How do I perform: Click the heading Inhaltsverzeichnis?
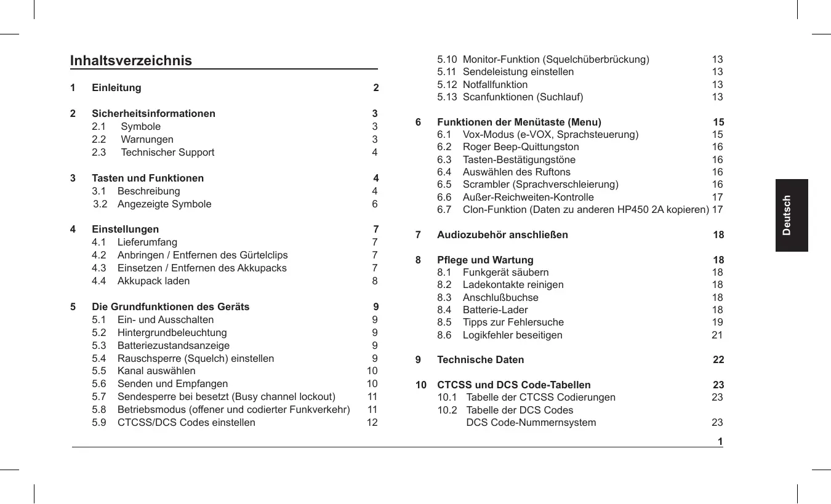point(130,60)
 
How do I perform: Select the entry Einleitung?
point(116,88)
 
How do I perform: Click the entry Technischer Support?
point(167,153)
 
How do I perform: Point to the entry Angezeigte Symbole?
point(164,204)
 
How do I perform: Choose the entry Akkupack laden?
point(153,281)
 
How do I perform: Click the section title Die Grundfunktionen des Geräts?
point(171,307)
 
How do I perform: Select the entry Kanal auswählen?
point(156,371)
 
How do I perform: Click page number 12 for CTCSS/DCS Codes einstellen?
point(372,423)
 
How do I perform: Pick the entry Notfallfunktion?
point(495,85)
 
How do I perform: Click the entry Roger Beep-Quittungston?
point(521,147)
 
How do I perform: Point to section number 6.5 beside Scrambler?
point(444,185)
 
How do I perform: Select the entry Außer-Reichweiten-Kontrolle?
point(528,198)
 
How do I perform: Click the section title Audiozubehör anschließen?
point(502,235)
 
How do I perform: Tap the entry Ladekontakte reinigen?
point(513,285)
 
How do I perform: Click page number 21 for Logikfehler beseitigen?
point(717,335)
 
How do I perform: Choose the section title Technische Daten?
point(480,360)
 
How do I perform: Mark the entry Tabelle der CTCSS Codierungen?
point(540,398)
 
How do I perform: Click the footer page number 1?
point(720,442)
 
